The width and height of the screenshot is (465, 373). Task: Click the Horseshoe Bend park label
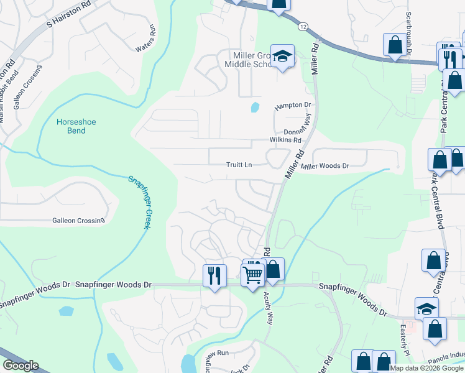76,127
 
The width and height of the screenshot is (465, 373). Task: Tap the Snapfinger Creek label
140,201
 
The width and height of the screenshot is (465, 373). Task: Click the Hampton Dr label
292,106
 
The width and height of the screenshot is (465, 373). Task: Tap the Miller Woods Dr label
325,166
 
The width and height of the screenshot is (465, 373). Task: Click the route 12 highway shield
302,27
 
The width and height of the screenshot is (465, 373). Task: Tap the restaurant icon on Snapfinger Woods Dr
214,275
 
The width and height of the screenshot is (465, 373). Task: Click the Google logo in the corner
21,366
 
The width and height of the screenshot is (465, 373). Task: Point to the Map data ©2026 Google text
427,368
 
